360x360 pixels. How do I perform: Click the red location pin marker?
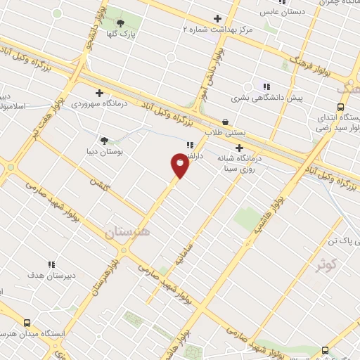pyautogui.click(x=179, y=166)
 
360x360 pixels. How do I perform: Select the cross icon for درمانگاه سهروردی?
pyautogui.click(x=99, y=93)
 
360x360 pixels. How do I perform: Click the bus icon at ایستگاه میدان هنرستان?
pyautogui.click(x=27, y=323)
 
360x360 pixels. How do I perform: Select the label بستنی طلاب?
pyautogui.click(x=224, y=131)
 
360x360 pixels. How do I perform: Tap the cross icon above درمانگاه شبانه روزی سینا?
pyautogui.click(x=239, y=148)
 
